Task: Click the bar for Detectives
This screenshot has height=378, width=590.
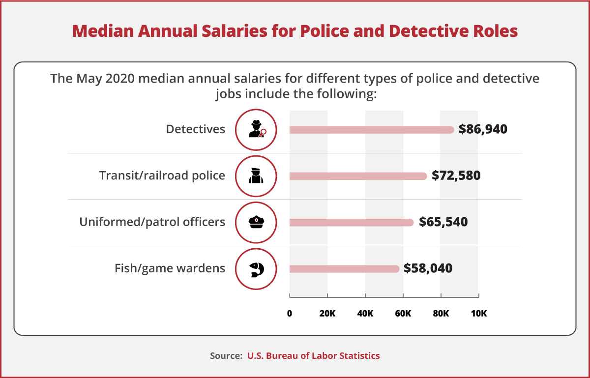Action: coord(371,130)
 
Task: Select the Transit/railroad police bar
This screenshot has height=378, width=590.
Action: coord(357,176)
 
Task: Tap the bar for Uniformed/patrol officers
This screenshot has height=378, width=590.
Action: coord(351,222)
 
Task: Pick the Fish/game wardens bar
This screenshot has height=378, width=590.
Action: coord(344,269)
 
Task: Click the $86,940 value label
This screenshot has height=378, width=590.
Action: coord(482,129)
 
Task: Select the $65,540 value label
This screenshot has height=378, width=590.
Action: coord(443,222)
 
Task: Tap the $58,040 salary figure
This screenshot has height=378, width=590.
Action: coord(428,268)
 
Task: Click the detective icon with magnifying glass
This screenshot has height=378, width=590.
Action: coord(256,130)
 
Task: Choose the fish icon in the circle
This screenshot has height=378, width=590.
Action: coord(256,269)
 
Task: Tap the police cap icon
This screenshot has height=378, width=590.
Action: coord(256,222)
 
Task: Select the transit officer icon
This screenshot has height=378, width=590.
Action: coord(256,176)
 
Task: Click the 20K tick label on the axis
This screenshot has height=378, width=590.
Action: coord(327,314)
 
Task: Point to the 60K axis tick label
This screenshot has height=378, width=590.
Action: coord(403,314)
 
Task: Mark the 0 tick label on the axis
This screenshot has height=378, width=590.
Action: coord(290,314)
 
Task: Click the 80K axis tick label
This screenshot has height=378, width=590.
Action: coord(441,314)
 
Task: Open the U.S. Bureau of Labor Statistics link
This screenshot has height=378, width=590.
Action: coord(313,355)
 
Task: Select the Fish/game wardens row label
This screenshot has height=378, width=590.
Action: coord(170,268)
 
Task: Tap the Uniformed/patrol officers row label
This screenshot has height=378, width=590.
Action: coord(152,222)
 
